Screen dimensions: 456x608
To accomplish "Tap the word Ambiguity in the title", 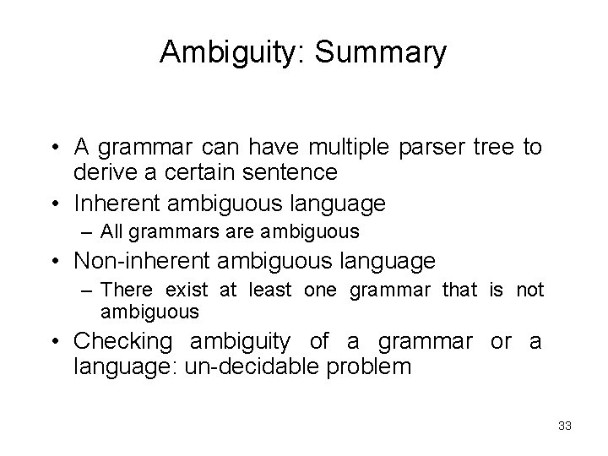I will pos(231,52).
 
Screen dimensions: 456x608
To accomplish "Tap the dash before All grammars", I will pos(90,231).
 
